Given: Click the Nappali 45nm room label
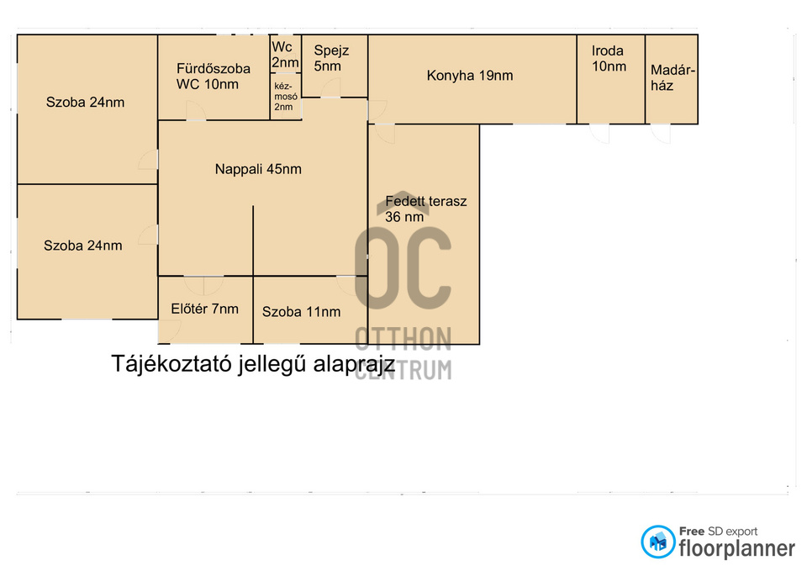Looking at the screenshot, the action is (258, 169).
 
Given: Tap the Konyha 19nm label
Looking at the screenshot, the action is (469, 76).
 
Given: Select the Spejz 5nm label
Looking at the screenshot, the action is (331, 58).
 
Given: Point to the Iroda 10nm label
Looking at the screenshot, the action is (609, 58).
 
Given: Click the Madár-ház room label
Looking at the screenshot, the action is (672, 77).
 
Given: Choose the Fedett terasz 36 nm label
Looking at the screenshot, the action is (425, 209).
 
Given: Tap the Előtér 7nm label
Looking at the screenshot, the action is (204, 309).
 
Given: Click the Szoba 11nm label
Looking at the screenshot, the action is (301, 311).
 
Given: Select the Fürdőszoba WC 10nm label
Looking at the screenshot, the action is (213, 77).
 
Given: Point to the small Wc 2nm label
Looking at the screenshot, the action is (285, 55).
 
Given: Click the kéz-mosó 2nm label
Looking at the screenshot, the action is (285, 96).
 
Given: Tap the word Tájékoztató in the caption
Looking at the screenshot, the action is (172, 364).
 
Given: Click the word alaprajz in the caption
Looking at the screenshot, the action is (354, 364).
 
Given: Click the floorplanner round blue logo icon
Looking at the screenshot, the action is (657, 542).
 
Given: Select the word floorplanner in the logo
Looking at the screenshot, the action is (736, 548).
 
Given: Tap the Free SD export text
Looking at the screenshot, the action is (718, 531).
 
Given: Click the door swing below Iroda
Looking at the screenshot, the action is (599, 134).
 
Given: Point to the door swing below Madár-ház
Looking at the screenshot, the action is (661, 134).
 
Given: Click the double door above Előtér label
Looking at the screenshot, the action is (203, 285).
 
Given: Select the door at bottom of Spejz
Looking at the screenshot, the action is (330, 87).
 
